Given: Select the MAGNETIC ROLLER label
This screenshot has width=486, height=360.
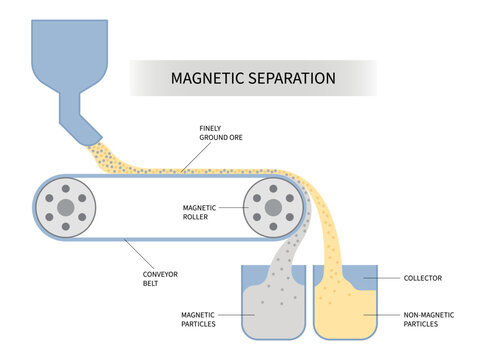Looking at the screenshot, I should coord(201,212).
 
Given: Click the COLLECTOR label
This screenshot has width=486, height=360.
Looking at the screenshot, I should coord(424,278).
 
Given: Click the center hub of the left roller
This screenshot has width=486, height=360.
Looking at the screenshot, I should coord(66,207).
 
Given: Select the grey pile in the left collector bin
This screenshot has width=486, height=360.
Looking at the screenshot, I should coord(272,315).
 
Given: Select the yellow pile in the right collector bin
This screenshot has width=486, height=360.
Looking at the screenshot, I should coord(345,315).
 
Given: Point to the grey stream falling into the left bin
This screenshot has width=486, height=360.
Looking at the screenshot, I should coord(290,250).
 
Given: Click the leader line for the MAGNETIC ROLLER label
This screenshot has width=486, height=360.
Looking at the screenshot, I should coord(233,208).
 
